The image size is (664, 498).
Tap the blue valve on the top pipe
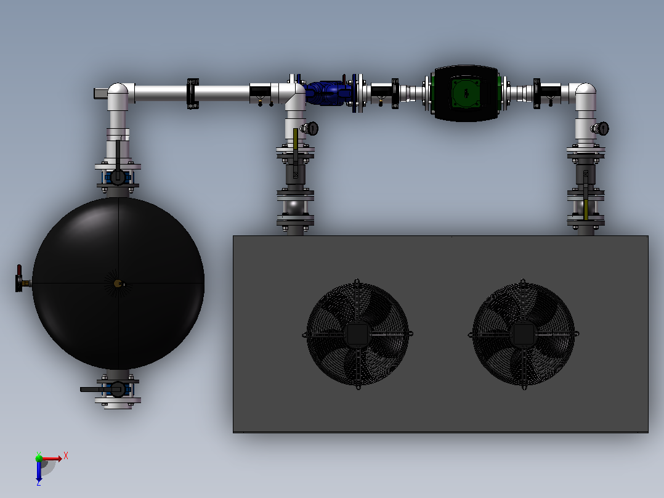coord(329,93)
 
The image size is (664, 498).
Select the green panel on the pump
coord(466,93)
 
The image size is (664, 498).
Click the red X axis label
coord(66,456)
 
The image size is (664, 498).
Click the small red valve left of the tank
coord(20,279)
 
